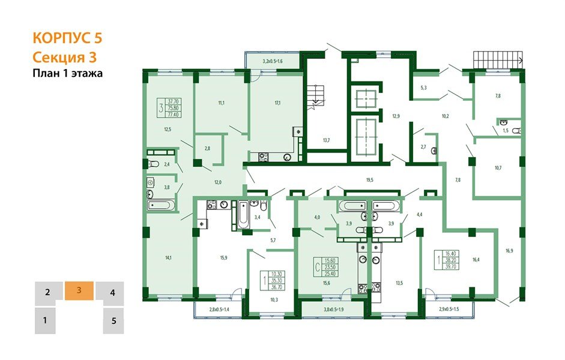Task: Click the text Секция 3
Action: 64,58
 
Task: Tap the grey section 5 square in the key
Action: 113,320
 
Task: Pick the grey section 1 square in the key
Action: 45,320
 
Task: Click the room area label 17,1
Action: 277,103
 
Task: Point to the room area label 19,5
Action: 370,179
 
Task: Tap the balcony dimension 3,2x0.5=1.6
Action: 272,62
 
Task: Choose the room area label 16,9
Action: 509,251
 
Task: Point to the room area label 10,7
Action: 498,167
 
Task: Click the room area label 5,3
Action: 423,88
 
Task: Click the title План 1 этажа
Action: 67,74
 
